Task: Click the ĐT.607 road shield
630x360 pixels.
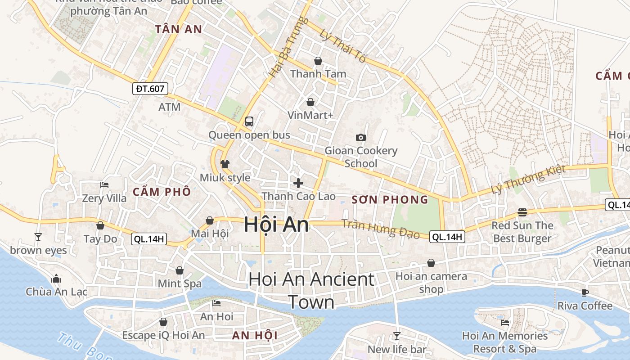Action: [150, 89]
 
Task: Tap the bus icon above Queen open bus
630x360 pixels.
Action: [249, 121]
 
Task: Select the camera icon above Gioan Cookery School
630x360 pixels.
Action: [360, 137]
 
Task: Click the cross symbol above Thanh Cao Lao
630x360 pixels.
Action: [298, 183]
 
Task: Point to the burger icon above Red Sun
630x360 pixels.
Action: [522, 212]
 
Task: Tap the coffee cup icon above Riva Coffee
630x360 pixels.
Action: [585, 292]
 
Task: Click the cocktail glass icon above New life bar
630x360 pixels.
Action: [396, 336]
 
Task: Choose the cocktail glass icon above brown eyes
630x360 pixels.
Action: [38, 237]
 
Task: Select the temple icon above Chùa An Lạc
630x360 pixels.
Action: [56, 279]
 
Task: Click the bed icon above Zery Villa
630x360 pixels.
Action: [104, 184]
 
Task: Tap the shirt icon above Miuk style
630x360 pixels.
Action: [225, 164]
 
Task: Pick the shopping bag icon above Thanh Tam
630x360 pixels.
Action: [318, 60]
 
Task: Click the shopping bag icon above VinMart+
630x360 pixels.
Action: [310, 102]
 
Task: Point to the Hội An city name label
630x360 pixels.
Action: [276, 225]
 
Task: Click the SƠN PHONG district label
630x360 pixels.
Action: [390, 200]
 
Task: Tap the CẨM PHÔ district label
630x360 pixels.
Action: [162, 192]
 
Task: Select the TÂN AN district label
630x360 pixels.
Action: [179, 29]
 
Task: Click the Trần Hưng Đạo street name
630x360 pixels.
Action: [380, 229]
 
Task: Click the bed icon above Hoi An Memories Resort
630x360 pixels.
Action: [505, 322]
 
